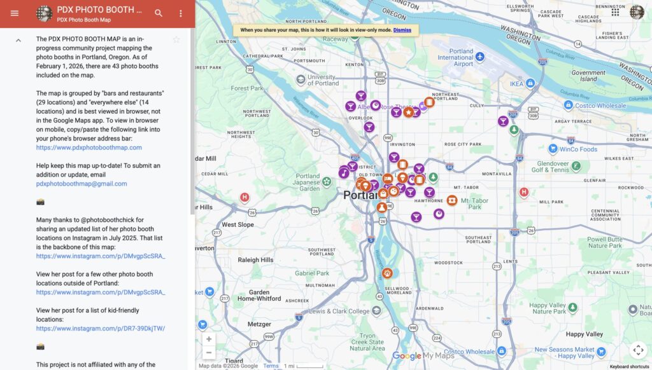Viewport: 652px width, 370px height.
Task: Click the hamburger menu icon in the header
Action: tap(15, 13)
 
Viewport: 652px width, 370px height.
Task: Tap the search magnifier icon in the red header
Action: tap(159, 13)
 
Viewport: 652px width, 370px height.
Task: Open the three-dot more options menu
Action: tap(181, 13)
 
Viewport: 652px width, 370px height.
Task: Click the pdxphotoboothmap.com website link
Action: tap(89, 147)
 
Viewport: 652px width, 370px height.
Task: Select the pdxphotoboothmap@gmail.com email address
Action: tap(81, 184)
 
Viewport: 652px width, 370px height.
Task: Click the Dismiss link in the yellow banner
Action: tap(402, 30)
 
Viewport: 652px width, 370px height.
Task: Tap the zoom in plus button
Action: tap(209, 339)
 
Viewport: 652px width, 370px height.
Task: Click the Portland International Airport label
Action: tap(455, 57)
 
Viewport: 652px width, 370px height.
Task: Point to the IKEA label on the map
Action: tap(516, 84)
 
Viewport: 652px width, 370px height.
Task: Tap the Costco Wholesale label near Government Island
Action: tap(600, 106)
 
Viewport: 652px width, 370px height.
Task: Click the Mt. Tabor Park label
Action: tap(474, 203)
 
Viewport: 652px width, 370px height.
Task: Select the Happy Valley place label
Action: tap(584, 334)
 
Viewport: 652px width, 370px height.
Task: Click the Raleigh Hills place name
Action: tap(255, 260)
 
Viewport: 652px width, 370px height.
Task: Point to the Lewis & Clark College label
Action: tap(339, 312)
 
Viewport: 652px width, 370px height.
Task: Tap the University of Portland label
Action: tap(323, 80)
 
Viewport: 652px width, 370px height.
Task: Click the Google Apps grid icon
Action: tap(615, 12)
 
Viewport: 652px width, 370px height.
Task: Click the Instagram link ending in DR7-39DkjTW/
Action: tap(100, 329)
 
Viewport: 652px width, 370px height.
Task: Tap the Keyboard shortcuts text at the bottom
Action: tap(629, 366)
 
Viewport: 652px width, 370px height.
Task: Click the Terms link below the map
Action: tap(271, 366)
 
